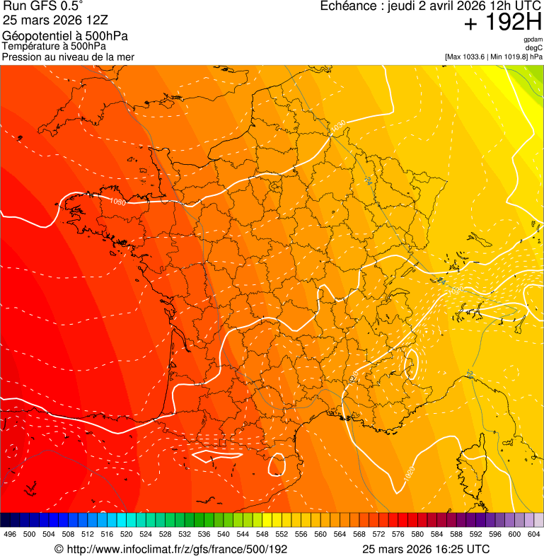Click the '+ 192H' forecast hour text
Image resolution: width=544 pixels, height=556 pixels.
tap(503, 23)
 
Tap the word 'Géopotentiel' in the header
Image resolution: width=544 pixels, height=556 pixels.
tap(35, 36)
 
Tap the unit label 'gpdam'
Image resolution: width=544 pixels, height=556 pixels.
tap(533, 39)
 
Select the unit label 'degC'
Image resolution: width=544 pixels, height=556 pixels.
tap(534, 47)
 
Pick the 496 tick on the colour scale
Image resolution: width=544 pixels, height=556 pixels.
tap(10, 534)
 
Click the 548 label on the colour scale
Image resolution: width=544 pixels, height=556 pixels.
tap(262, 534)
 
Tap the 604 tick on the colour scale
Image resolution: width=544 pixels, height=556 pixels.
tap(533, 534)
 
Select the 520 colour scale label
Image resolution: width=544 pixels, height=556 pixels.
tap(126, 534)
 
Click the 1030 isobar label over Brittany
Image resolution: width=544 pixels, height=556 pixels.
tap(117, 202)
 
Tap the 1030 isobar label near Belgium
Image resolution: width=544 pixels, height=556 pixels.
tap(338, 127)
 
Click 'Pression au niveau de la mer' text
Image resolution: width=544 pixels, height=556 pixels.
tap(69, 57)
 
